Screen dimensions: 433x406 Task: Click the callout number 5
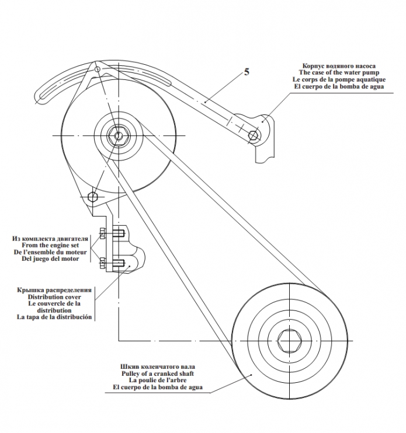coord(247,72)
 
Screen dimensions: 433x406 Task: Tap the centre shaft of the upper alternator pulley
coord(119,136)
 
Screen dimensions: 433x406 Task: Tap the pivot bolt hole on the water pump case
coord(253,135)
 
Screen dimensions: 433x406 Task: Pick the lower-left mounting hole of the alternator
coord(92,194)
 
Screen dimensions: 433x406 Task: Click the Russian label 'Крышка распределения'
coord(54,289)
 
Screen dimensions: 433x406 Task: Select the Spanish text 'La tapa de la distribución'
coord(54,317)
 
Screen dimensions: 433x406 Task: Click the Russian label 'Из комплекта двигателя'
coord(50,239)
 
